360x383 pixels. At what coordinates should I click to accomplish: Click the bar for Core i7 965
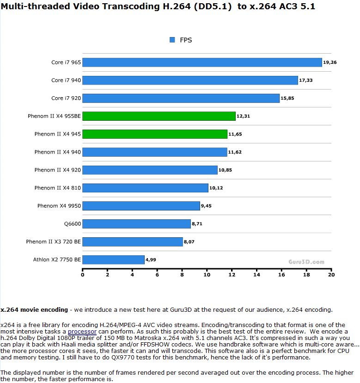(x=202, y=62)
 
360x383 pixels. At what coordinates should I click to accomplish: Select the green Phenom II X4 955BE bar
(x=159, y=116)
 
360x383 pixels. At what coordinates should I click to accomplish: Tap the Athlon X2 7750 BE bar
(x=113, y=259)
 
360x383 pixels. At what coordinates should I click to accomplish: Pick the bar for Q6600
(x=136, y=224)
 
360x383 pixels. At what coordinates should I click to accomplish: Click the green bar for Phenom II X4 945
(x=155, y=134)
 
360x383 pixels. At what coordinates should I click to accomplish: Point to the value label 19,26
(x=330, y=62)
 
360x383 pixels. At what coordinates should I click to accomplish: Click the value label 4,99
(x=151, y=260)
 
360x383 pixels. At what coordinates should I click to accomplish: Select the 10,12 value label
(x=216, y=188)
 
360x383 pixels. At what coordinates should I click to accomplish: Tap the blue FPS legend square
(x=173, y=40)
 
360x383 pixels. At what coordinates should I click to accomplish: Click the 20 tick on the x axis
(x=331, y=275)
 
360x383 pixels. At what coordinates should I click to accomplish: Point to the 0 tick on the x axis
(x=83, y=275)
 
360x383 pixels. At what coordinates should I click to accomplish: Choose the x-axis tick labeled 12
(x=232, y=275)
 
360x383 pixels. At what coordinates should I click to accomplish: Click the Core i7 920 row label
(x=66, y=98)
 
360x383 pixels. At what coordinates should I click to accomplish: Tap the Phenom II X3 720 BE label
(x=53, y=242)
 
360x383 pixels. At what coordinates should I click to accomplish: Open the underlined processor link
(x=82, y=332)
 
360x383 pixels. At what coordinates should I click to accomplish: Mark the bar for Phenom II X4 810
(x=145, y=188)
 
